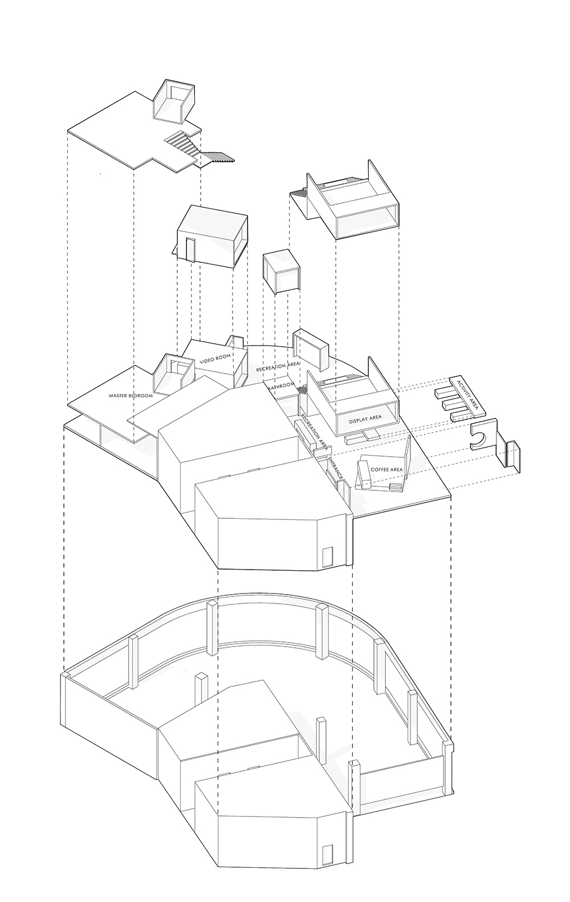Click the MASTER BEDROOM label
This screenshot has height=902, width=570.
131,396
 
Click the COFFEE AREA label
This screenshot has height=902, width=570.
386,470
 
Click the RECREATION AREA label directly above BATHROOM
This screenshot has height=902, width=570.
278,365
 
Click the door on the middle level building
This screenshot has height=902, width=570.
327,556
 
